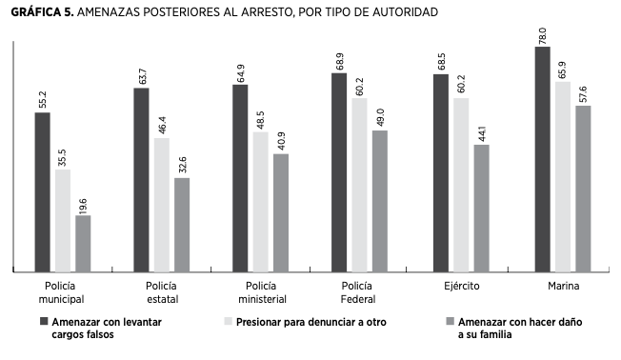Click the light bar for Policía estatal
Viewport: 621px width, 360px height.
pyautogui.click(x=162, y=206)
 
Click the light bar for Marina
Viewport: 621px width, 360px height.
pyautogui.click(x=563, y=177)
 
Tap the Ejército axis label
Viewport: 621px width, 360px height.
pyautogui.click(x=460, y=287)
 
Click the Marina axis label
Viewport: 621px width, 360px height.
pyautogui.click(x=562, y=287)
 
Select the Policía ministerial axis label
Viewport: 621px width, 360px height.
pyautogui.click(x=261, y=293)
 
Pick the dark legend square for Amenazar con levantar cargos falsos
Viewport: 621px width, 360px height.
pyautogui.click(x=43, y=322)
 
